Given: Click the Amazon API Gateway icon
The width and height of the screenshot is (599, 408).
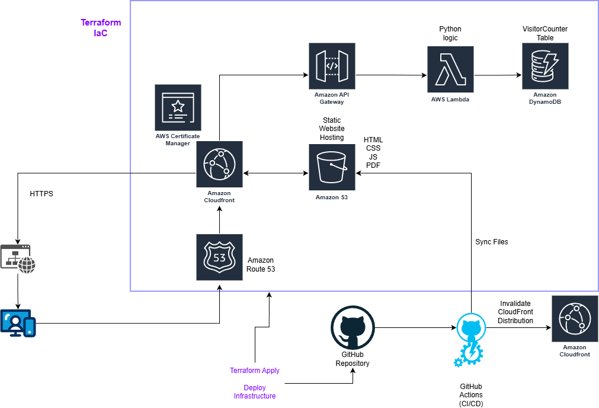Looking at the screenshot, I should (332, 66).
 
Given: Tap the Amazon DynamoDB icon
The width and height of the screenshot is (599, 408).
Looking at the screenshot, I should (544, 66).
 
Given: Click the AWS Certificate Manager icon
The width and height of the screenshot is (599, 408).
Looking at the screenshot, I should (177, 107).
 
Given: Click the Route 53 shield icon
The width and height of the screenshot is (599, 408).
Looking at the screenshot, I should (219, 257).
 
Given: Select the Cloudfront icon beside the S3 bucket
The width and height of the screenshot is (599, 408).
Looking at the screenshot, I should (219, 164).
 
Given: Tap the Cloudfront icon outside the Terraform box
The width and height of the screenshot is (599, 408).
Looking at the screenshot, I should (574, 318).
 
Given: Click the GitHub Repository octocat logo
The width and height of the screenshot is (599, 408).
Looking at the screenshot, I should (353, 327).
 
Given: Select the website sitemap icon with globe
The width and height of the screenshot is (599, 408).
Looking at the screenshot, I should (18, 259).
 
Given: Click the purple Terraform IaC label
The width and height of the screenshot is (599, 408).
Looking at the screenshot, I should (101, 28).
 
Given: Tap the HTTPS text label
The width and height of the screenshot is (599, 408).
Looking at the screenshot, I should (41, 194).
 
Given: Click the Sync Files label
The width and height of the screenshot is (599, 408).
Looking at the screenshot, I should (491, 242).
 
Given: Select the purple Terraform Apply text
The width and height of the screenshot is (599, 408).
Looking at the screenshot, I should (255, 371).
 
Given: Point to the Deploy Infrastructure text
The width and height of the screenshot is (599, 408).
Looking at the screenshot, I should (255, 392).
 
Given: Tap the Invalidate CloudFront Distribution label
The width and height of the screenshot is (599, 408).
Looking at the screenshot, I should (515, 312).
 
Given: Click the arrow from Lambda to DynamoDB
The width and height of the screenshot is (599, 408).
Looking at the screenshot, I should (498, 75).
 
